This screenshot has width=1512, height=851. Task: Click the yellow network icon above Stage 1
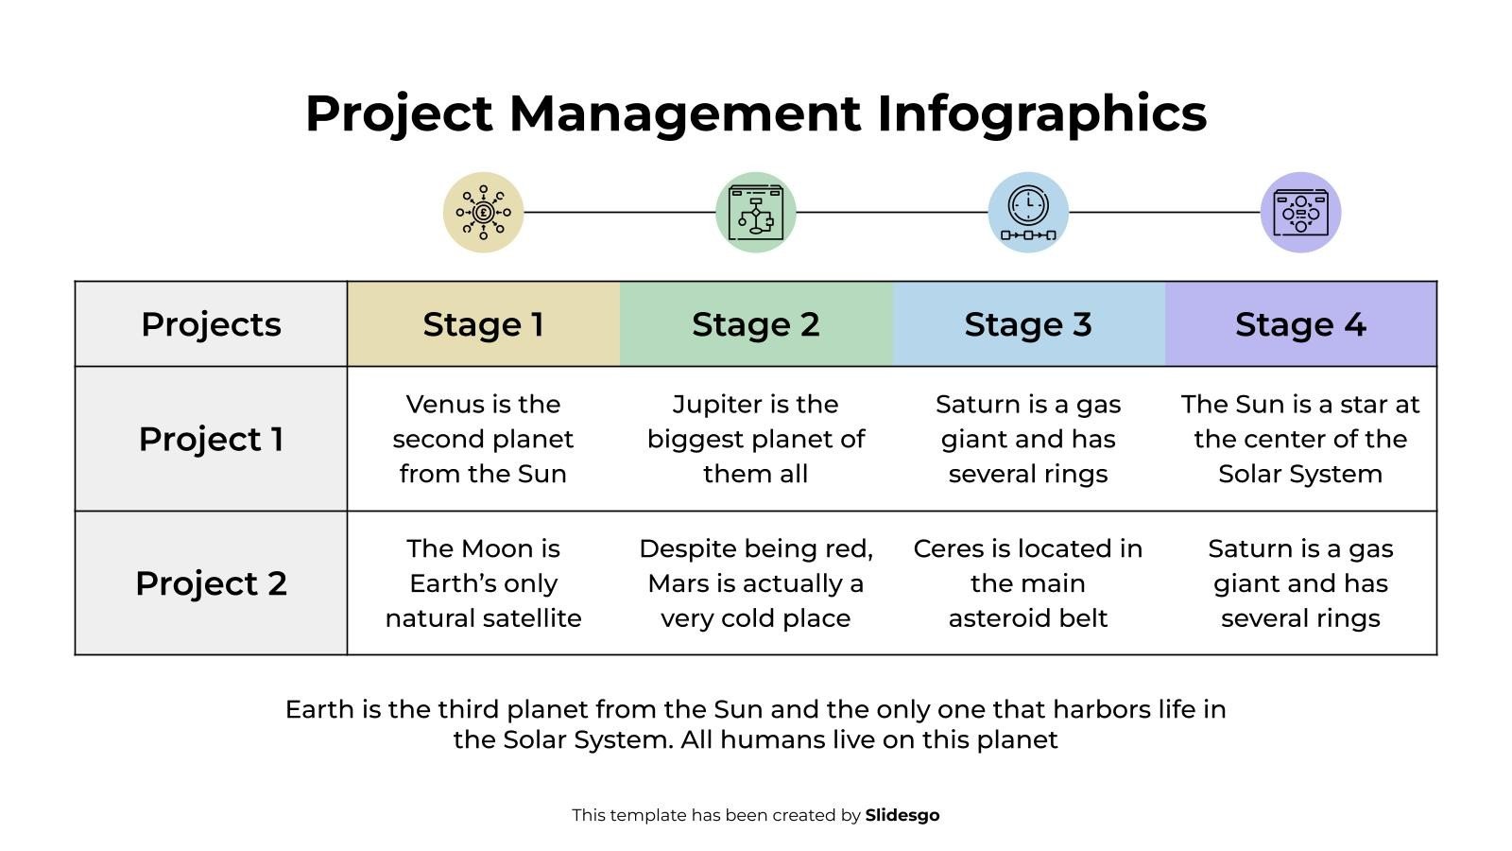point(483,212)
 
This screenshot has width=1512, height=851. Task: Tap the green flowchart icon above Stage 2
point(755,212)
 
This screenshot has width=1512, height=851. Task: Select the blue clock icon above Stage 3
point(1028,212)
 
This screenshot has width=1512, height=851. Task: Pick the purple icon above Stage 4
point(1300,212)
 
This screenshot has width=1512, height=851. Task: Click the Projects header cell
point(211,324)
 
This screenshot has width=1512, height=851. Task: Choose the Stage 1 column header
point(483,324)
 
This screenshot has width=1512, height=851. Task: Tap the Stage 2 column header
point(755,324)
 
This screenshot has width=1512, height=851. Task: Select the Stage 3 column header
point(1028,324)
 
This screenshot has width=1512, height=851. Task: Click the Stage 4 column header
point(1300,324)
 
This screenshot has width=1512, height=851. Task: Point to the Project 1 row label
point(211,439)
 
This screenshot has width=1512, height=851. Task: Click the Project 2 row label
point(211,583)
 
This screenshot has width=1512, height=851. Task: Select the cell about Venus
point(483,439)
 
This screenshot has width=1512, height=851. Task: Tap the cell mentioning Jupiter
point(755,439)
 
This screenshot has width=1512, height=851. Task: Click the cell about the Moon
point(483,583)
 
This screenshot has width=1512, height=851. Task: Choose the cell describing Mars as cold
point(755,583)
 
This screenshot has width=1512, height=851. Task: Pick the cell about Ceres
point(1028,583)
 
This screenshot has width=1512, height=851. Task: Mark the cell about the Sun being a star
point(1300,439)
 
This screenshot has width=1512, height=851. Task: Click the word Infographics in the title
point(1041,113)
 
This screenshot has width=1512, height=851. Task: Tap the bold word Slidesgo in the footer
point(902,815)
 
